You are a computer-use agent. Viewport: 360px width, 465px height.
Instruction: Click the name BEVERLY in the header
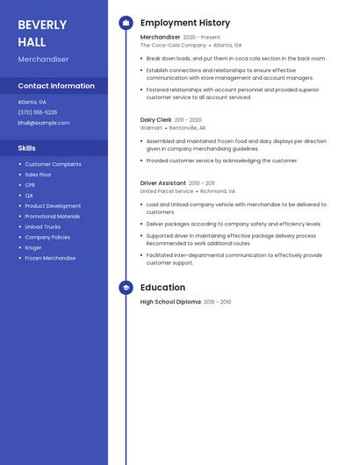42,24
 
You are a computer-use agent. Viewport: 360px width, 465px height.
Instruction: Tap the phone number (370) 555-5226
38,112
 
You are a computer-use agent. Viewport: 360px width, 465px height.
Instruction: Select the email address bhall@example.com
44,123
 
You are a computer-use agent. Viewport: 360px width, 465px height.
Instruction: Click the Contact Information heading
56,86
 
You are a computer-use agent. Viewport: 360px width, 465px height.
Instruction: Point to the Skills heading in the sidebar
27,148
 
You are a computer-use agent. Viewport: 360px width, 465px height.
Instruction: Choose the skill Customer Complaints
53,164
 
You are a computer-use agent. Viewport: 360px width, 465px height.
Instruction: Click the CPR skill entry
30,185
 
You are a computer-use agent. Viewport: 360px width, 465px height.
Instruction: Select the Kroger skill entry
33,247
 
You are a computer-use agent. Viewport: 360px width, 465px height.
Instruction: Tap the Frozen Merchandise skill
50,258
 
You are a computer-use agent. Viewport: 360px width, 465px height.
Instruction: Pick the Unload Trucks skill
42,226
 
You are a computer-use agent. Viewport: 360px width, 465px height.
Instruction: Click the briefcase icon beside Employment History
126,23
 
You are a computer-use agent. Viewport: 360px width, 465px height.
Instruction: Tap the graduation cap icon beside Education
126,288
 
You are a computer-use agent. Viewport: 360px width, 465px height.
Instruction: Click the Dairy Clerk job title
155,119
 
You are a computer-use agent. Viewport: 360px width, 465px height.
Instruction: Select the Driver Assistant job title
163,183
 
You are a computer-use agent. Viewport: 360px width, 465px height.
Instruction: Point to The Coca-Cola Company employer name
173,45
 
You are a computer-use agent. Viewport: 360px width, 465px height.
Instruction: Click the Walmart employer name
151,127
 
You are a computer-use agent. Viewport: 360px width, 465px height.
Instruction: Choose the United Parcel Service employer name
167,191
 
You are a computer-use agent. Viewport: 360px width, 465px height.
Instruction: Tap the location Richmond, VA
218,191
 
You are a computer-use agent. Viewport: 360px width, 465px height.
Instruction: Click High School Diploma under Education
170,302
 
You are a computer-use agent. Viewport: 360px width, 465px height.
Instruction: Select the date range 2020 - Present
202,37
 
